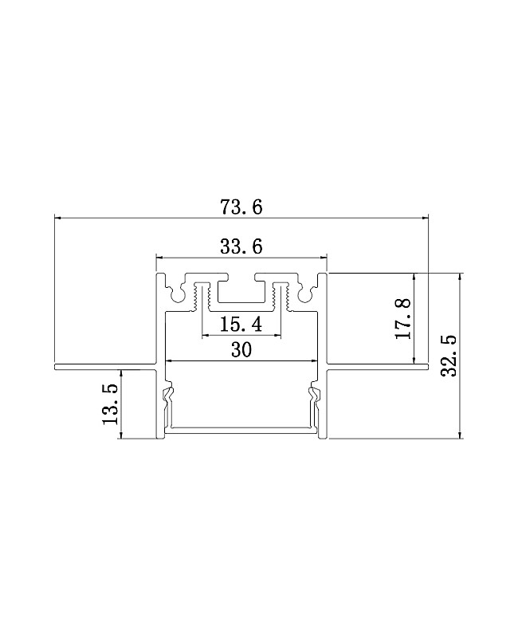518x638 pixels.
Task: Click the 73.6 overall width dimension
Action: pos(241,207)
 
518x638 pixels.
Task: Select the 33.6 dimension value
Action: pos(241,246)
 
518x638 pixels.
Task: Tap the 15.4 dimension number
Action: pos(241,325)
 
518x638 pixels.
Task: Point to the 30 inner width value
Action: pos(241,349)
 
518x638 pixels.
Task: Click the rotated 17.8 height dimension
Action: pos(403,318)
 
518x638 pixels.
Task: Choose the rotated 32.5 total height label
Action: pos(449,356)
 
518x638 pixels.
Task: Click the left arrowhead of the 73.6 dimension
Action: pos(57,219)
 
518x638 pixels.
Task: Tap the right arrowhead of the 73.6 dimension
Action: pos(426,219)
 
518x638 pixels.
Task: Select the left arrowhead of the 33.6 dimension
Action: pos(160,257)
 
